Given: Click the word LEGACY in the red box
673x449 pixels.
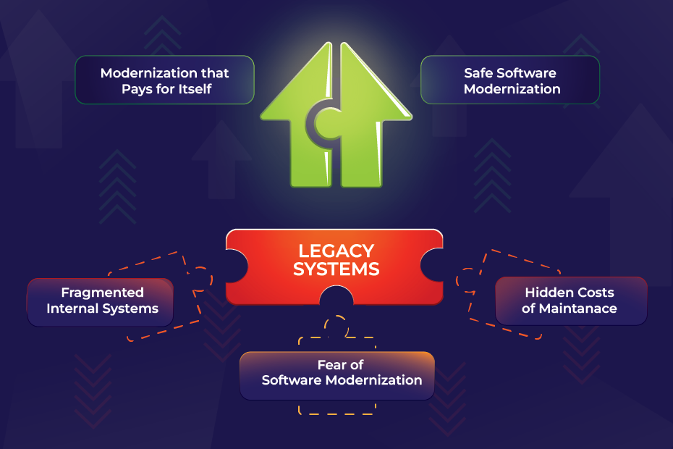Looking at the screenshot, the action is [336, 251].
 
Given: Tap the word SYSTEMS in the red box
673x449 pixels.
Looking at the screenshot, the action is [336, 269].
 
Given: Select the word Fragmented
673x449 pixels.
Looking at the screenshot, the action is [102, 293].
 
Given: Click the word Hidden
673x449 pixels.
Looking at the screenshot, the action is [544, 293].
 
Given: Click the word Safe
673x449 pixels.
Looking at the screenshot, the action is [478, 73].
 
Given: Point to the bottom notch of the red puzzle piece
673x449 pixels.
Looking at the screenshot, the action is [336, 296].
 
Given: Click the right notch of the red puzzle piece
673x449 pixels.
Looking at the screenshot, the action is [432, 265].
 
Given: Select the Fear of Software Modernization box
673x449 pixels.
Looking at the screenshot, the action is [337, 376].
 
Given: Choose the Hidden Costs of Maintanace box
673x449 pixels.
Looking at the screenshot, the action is [571, 301].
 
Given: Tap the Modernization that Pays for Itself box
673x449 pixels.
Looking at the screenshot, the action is [165, 80].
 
